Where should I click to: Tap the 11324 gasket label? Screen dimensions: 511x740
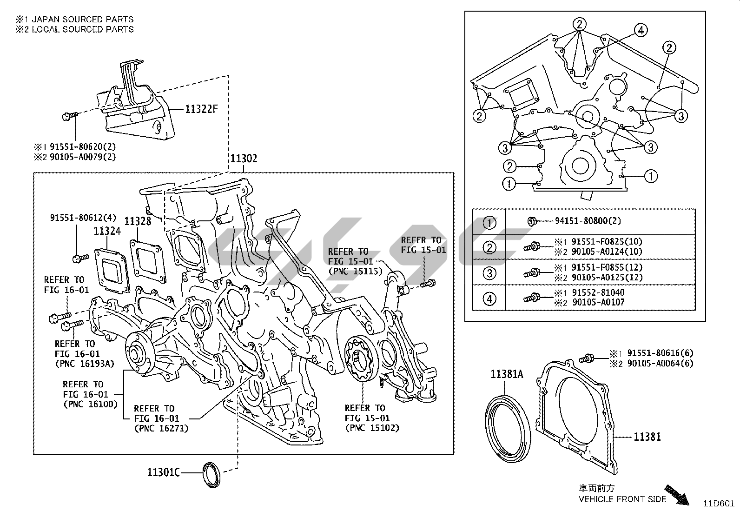[x=107, y=231]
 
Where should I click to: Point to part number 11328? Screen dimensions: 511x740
[x=138, y=221]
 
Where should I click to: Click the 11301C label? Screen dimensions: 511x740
[x=163, y=472]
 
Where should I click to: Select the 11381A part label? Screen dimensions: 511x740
[x=507, y=374]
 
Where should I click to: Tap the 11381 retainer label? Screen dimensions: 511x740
[x=647, y=437]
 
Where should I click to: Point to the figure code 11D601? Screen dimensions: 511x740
[x=718, y=503]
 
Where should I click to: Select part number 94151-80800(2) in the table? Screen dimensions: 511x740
[x=588, y=221]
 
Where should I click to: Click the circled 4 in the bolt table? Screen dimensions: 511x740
[x=489, y=298]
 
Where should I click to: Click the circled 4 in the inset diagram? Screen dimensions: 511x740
[x=641, y=31]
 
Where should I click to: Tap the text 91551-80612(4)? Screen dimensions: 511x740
[x=76, y=217]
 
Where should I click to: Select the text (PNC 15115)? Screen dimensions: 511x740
[x=355, y=271]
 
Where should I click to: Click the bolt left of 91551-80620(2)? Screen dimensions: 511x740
[x=67, y=116]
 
